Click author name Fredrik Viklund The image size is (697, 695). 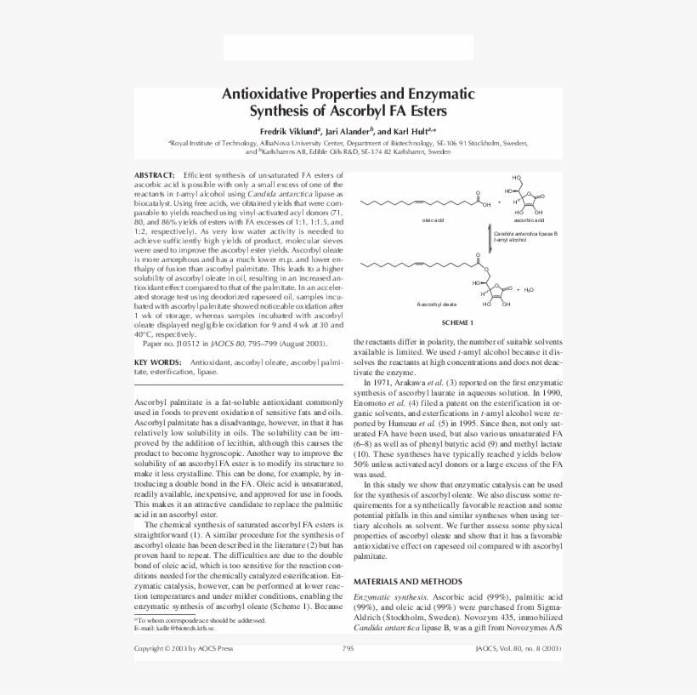click(x=289, y=132)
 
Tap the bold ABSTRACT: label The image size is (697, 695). click(x=155, y=174)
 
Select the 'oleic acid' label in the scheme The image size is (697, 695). click(x=433, y=219)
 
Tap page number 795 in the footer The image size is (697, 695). click(x=348, y=648)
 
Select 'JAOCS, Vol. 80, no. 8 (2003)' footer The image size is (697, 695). click(x=518, y=648)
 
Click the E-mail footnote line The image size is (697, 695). click(x=174, y=628)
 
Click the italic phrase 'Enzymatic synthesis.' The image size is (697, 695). click(x=388, y=598)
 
